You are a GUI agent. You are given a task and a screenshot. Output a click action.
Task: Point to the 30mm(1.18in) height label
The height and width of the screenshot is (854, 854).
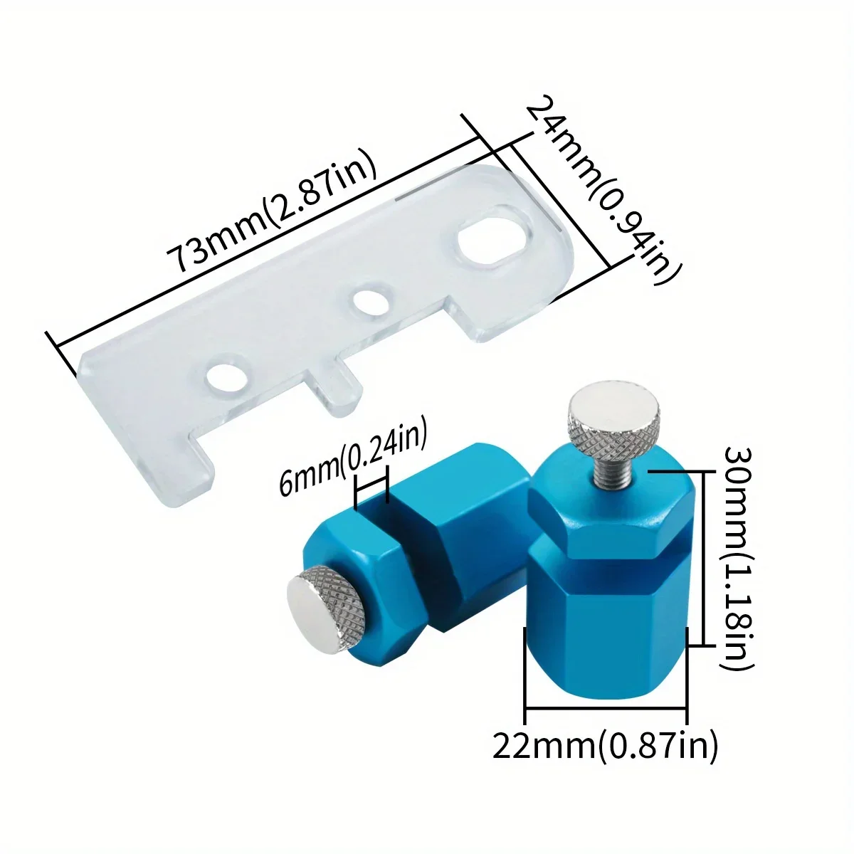[x=735, y=559]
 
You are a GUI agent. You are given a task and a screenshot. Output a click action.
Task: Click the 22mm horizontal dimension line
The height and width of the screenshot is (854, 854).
[x=605, y=708]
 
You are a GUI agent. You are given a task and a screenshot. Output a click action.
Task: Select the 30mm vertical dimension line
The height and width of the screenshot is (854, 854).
[x=703, y=559]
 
